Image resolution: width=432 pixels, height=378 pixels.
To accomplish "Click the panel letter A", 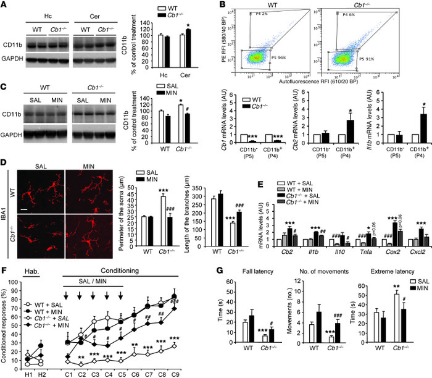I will click(5, 6).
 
